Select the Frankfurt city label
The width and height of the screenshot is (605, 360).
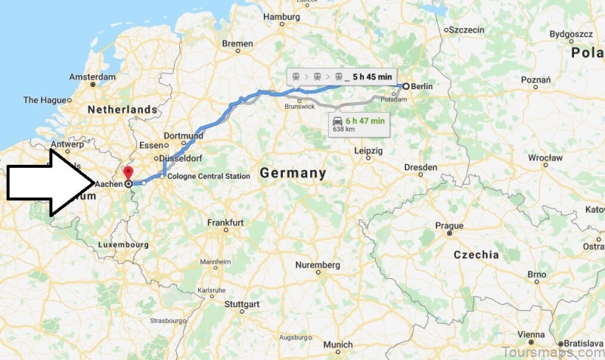point(225,222)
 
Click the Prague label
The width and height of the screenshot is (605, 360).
point(448,225)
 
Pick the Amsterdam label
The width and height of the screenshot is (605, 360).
point(92,77)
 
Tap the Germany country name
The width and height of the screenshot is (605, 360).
point(293,173)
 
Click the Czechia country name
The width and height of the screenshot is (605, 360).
point(476,255)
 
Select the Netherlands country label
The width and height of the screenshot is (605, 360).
point(122,110)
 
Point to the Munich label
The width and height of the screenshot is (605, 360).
point(337,345)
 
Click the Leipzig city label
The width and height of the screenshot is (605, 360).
point(368,150)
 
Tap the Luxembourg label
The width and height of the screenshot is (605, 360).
point(123,244)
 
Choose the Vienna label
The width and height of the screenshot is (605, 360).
point(531,334)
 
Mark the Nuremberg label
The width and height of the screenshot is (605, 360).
point(317,265)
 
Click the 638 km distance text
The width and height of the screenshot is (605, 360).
point(343,129)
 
